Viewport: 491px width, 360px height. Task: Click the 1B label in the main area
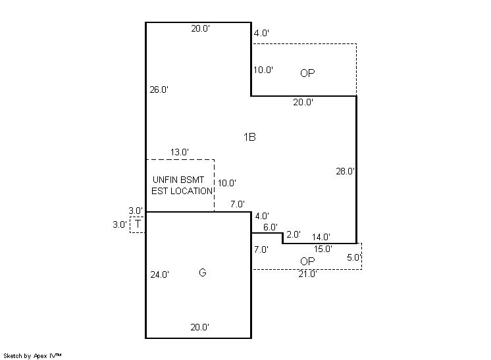pyautogui.click(x=249, y=137)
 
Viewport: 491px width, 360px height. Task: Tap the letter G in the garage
pyautogui.click(x=203, y=272)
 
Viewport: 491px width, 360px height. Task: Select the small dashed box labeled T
pyautogui.click(x=138, y=224)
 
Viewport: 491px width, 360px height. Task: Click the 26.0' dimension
pyautogui.click(x=159, y=90)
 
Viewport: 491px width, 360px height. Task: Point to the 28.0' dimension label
pyautogui.click(x=346, y=171)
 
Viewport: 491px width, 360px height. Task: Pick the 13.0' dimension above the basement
pyautogui.click(x=180, y=153)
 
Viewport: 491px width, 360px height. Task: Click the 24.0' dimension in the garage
pyautogui.click(x=160, y=274)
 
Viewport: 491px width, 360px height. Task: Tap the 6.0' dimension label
pyautogui.click(x=271, y=227)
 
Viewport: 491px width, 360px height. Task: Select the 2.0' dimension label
pyautogui.click(x=294, y=234)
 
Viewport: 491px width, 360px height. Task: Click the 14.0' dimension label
pyautogui.click(x=321, y=237)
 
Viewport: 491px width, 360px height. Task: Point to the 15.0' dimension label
pyautogui.click(x=323, y=249)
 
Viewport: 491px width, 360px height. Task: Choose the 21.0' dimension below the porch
pyautogui.click(x=308, y=274)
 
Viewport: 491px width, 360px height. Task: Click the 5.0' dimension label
pyautogui.click(x=354, y=257)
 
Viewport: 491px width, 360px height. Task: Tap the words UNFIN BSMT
pyautogui.click(x=178, y=180)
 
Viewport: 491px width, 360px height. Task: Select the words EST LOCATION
pyautogui.click(x=182, y=191)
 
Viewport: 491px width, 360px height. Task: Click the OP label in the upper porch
pyautogui.click(x=307, y=73)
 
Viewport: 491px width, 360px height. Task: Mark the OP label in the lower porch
pyautogui.click(x=307, y=261)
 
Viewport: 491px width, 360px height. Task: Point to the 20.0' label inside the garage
pyautogui.click(x=200, y=328)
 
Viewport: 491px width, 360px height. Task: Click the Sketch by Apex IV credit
pyautogui.click(x=32, y=356)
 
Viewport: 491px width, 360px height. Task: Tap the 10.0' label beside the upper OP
pyautogui.click(x=263, y=70)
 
